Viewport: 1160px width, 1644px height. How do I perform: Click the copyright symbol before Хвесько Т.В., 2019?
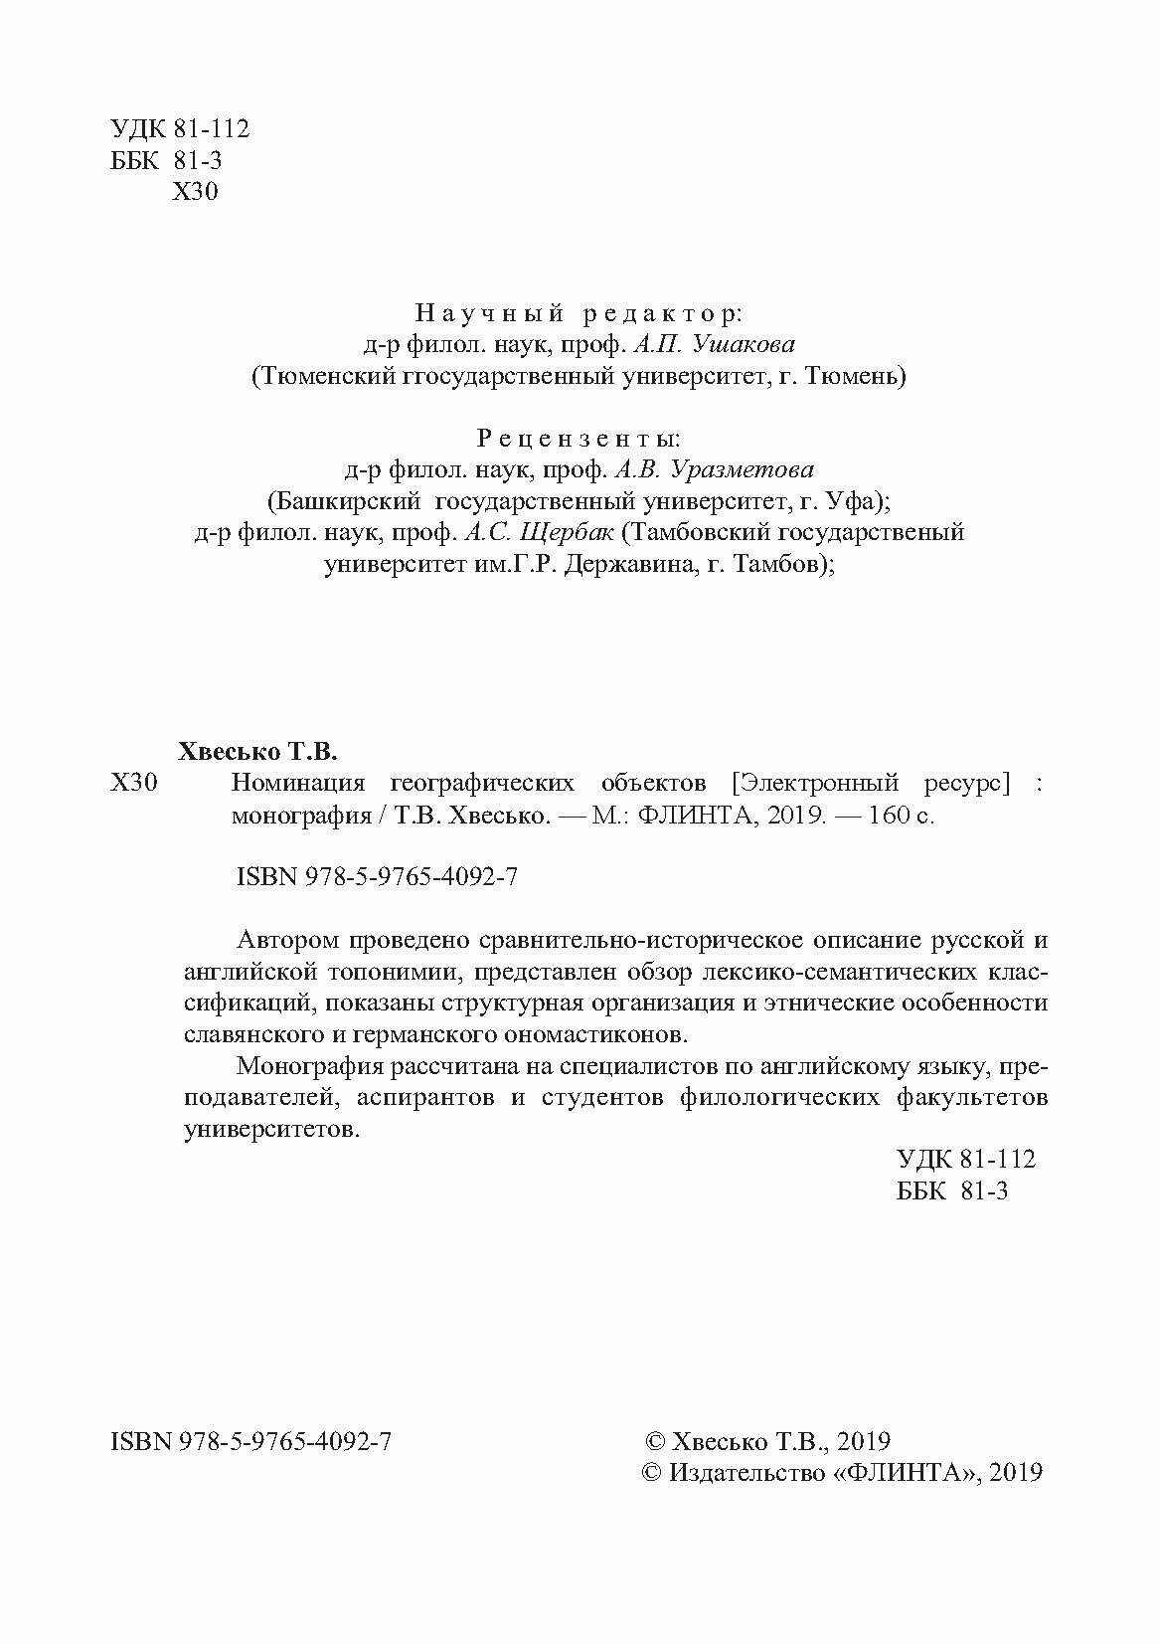(x=655, y=1441)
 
